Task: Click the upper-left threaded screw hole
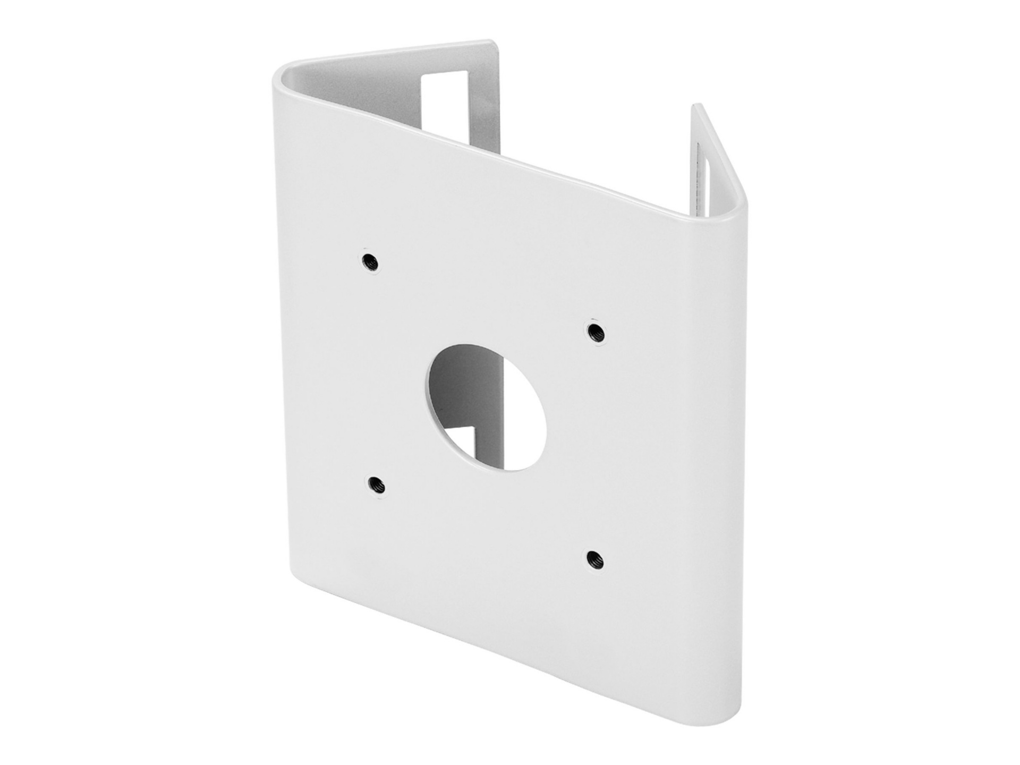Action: point(368,261)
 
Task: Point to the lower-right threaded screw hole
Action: point(591,557)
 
